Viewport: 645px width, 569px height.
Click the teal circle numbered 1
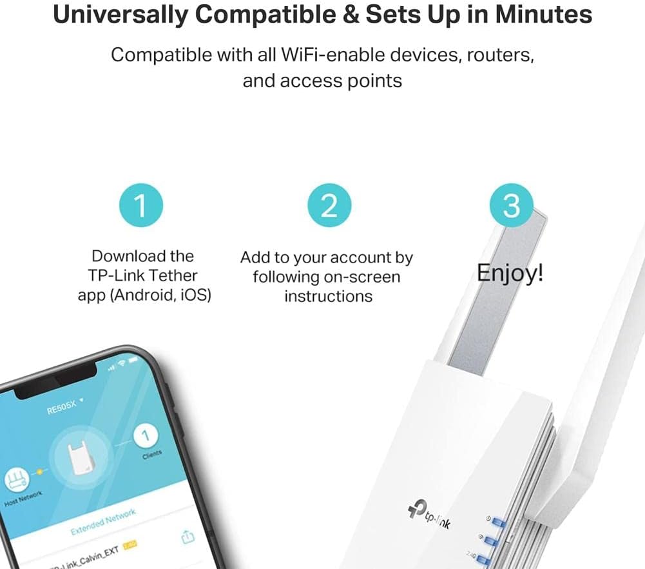pos(141,205)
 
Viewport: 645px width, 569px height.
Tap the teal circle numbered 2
pos(329,205)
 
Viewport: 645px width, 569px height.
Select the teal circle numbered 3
pos(511,205)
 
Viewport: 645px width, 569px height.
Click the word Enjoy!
pos(510,274)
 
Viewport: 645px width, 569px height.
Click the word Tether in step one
pos(172,275)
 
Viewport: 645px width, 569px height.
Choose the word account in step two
pos(347,258)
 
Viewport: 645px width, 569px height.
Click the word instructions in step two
pos(329,296)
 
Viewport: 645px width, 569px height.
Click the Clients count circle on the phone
pos(146,437)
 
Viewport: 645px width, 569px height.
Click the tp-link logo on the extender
pos(428,516)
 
